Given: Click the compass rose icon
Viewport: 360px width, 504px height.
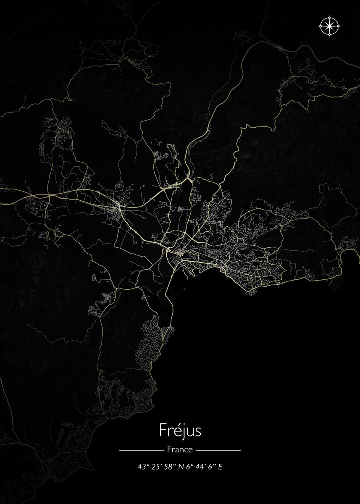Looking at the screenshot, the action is pos(330,26).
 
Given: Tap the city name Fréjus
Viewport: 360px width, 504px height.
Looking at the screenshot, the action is pos(180,430).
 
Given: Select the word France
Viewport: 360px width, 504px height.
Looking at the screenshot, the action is pos(180,449).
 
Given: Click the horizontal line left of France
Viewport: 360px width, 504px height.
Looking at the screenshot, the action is pos(141,450).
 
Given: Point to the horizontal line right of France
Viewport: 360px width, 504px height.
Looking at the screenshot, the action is pos(218,450).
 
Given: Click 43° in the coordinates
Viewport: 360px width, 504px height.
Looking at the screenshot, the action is pos(144,467).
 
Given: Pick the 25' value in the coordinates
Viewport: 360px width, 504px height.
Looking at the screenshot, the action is pos(157,467).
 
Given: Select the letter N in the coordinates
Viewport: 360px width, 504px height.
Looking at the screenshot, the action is pos(182,467).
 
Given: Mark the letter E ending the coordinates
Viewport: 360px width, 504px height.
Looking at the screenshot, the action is pos(220,467).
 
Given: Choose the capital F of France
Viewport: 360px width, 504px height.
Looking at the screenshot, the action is pos(169,449).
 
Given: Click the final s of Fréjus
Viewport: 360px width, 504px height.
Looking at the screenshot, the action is pos(198,431).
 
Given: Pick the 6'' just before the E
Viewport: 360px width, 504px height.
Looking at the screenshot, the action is pos(211,467).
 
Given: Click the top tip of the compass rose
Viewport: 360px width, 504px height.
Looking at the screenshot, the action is pos(330,17).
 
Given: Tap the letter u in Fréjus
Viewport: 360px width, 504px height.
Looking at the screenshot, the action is pos(190,431).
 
